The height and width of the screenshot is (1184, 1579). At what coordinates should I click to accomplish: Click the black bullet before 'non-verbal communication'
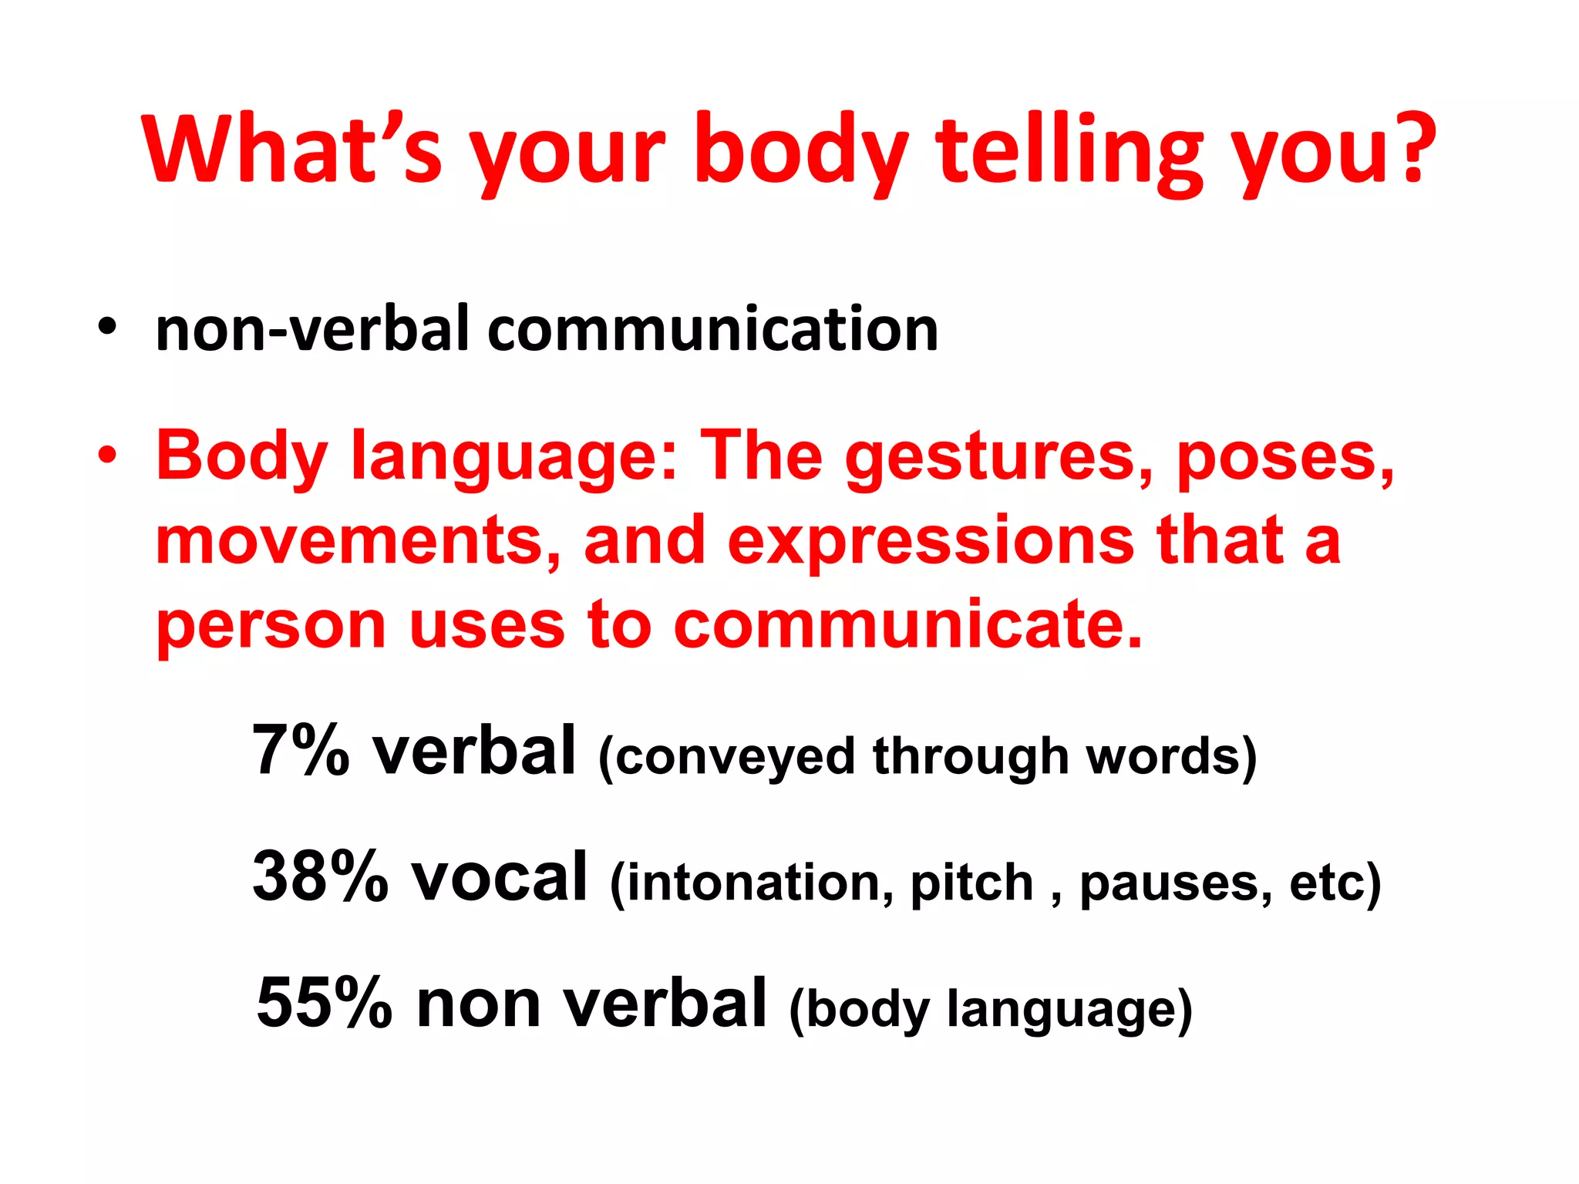pos(107,328)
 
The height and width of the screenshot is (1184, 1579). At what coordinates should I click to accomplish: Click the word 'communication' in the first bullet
pos(713,329)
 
